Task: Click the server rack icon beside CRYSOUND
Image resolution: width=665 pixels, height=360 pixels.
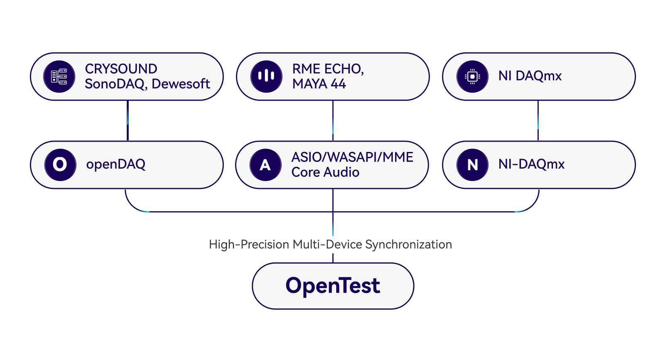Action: pos(59,76)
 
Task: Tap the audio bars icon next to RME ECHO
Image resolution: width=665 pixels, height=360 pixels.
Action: pos(266,76)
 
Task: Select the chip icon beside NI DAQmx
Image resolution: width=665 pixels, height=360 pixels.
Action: pos(472,76)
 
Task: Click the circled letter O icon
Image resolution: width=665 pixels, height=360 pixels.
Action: pos(60,165)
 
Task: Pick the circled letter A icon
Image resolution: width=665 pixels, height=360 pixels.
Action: pos(266,165)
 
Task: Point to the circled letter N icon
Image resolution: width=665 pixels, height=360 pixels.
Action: pos(472,165)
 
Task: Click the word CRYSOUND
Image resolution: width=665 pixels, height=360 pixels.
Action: pos(121,69)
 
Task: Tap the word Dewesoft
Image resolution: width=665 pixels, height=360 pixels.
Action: pos(181,84)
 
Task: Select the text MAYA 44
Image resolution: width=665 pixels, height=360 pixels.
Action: pos(319,84)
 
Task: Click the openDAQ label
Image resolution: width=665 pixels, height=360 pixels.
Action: pos(116,164)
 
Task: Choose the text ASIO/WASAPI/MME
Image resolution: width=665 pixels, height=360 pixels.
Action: pos(352,157)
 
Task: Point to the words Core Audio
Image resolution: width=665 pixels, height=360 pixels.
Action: pos(325,172)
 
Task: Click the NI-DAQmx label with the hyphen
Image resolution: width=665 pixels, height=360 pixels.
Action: pos(531,164)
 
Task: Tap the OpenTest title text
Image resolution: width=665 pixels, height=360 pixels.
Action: pos(333,286)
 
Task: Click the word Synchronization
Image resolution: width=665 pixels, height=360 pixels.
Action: pos(408,244)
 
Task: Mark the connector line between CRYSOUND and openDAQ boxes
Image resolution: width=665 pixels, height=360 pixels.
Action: pos(127,120)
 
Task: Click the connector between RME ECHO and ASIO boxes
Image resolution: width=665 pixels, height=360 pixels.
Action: pos(333,120)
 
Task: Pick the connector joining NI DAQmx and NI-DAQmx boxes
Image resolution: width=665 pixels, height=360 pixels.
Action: pos(538,120)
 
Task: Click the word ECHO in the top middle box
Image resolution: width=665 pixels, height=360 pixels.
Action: pos(344,69)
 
